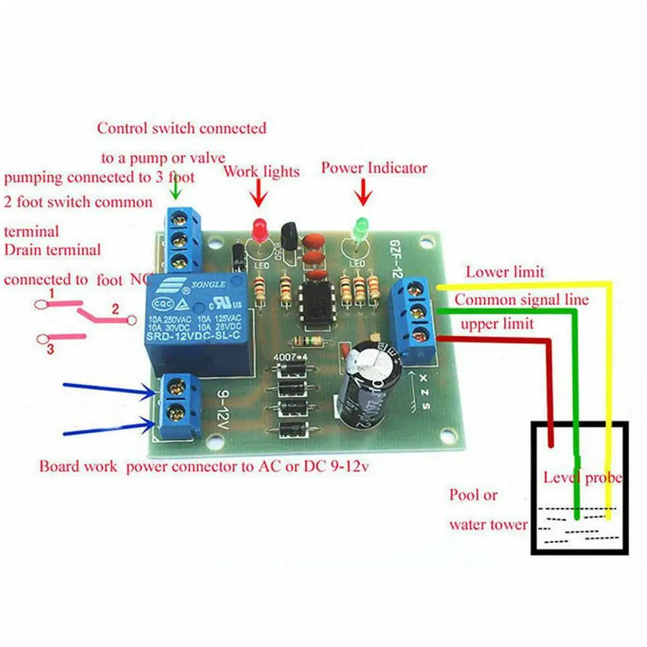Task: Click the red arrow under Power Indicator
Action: tap(363, 193)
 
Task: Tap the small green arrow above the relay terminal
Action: tap(177, 189)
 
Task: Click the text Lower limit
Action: tap(505, 272)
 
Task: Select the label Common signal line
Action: tap(522, 300)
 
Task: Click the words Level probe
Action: tap(582, 478)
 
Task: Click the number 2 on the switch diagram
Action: tap(114, 310)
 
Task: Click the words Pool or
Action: tap(473, 496)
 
